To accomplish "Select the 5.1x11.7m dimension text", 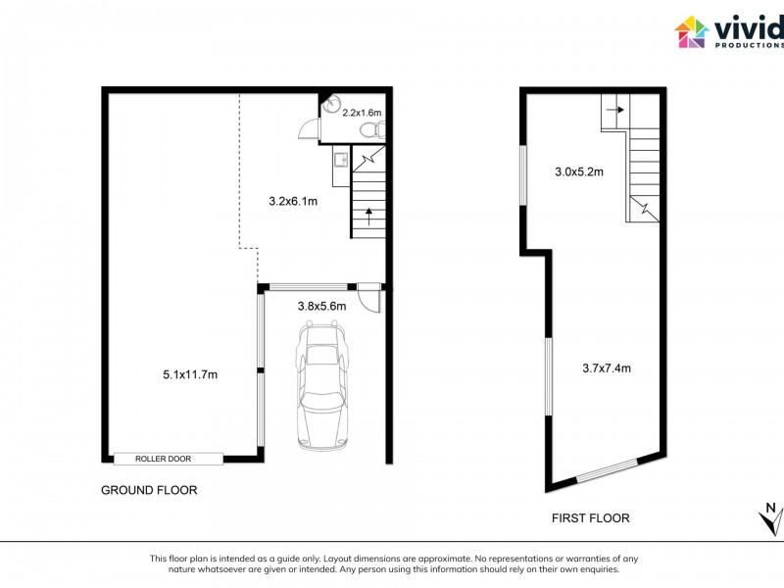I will click(189, 374).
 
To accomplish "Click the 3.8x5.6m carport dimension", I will click(322, 306).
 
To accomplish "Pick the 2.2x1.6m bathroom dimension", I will click(362, 114).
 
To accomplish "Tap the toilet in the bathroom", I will click(370, 130).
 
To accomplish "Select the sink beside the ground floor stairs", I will click(340, 157).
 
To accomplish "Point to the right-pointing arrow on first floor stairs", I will click(613, 111).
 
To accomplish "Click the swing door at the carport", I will click(368, 296).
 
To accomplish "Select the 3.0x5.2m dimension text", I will click(578, 171).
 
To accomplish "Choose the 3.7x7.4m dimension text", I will click(606, 368).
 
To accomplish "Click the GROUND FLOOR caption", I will click(149, 490).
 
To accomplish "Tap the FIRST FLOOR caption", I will click(590, 518).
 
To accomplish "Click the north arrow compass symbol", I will click(770, 517).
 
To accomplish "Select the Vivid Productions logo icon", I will click(691, 31).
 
